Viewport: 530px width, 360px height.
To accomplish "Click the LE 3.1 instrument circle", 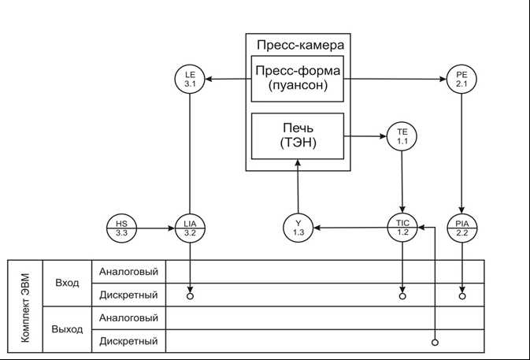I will click(x=189, y=79).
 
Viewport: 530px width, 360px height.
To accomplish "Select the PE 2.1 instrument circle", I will click(x=461, y=79).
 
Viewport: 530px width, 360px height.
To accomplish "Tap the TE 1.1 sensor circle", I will click(x=402, y=136).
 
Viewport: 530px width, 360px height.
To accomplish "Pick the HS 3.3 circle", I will click(x=121, y=228).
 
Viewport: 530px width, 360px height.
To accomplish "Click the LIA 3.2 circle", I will click(x=189, y=228).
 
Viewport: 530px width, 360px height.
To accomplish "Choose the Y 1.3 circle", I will click(x=298, y=228).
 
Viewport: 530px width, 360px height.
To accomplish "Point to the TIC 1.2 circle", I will click(x=402, y=228).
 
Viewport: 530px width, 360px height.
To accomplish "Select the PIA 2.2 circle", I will click(x=461, y=228).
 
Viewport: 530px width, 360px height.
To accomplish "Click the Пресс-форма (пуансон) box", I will click(x=298, y=79).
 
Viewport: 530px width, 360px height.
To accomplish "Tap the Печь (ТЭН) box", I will click(x=298, y=136).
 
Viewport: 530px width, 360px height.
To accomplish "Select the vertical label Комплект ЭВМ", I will click(x=24, y=306).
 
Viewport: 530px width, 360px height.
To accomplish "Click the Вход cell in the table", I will click(x=67, y=283).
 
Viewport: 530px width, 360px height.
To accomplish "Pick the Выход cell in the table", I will click(x=67, y=328).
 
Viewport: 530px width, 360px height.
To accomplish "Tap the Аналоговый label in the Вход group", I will click(x=128, y=272).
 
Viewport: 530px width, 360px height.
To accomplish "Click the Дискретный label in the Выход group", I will click(x=128, y=341).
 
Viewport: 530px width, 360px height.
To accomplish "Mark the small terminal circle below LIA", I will click(x=190, y=297).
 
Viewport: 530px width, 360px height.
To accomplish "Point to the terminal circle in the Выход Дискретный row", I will click(x=435, y=343).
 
